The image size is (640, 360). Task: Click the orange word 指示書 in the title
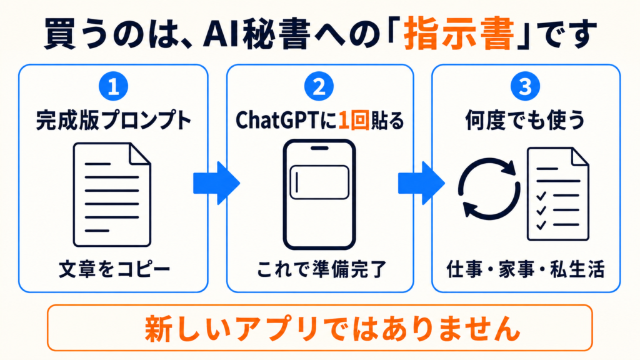click(459, 34)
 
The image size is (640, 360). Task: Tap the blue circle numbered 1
click(114, 86)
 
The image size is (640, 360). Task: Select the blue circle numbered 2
click(319, 86)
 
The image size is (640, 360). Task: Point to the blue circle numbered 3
click(525, 86)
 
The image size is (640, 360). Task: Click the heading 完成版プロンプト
click(114, 121)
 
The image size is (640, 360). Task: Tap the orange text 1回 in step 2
click(354, 121)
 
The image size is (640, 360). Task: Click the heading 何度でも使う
click(525, 121)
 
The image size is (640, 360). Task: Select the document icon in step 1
click(112, 195)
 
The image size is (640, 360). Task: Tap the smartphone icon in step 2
click(319, 194)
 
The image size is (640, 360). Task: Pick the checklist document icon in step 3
click(558, 194)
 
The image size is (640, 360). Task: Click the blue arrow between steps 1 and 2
click(216, 183)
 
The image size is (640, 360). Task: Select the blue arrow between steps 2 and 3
click(422, 183)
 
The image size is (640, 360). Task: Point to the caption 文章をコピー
click(114, 270)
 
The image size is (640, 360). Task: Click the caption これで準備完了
click(321, 270)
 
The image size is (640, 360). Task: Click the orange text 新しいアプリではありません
click(332, 328)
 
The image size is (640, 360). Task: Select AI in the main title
click(219, 34)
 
